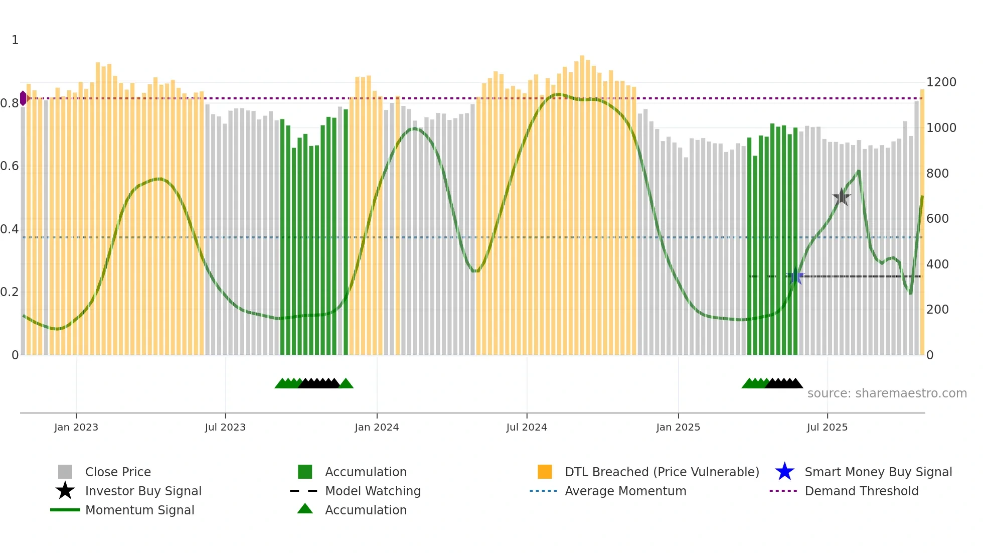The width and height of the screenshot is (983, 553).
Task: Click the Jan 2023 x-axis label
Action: point(76,427)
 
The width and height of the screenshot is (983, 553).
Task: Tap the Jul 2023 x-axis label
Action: point(225,427)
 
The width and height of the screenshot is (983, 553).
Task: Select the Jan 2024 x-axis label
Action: point(377,427)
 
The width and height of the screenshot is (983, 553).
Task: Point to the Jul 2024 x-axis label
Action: point(527,427)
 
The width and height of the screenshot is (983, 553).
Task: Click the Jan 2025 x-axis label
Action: point(678,427)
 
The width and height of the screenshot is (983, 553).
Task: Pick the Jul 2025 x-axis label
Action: point(827,427)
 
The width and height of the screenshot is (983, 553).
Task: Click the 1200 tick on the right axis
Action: point(941,82)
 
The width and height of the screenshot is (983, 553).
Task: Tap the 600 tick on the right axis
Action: point(937,219)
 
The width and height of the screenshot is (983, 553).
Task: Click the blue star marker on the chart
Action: point(795,276)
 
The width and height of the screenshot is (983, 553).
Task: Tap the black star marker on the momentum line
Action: point(842,197)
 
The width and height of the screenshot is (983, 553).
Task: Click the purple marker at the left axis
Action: point(24,98)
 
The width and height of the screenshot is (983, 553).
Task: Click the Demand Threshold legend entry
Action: point(861,491)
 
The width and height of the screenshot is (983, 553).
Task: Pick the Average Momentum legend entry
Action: point(625,491)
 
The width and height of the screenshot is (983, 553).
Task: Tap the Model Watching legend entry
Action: point(373,491)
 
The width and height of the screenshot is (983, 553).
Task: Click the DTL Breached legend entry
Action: point(662,472)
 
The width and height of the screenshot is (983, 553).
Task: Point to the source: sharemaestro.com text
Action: point(887,393)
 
